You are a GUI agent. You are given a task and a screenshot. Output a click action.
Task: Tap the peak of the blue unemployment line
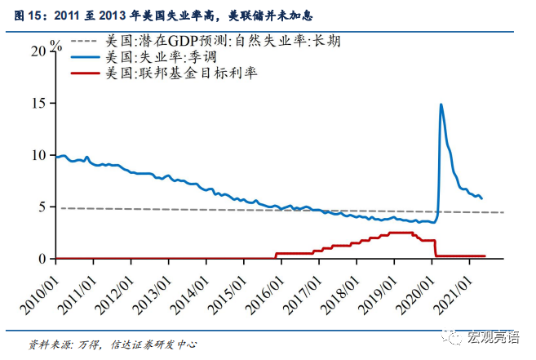[441, 104]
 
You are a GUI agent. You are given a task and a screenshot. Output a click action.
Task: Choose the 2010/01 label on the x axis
[40, 286]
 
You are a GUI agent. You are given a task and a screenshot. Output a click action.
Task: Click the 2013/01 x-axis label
[153, 286]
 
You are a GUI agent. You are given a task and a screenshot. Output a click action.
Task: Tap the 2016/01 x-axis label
[266, 286]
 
